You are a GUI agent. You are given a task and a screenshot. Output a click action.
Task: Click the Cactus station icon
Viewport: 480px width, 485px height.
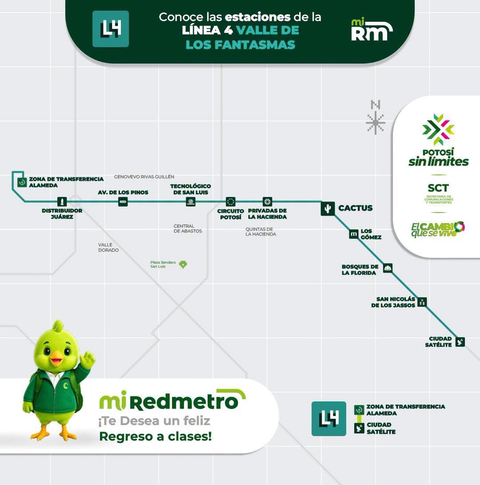tap(328, 208)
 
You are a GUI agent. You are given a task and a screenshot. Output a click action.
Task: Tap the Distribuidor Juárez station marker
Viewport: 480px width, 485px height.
tap(62, 202)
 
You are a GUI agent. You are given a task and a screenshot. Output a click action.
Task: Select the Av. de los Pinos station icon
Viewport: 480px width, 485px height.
tap(123, 202)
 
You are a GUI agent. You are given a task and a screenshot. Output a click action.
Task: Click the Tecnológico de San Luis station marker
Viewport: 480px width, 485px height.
tap(191, 202)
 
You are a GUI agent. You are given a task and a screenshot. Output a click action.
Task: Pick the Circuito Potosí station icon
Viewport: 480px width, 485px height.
tap(230, 202)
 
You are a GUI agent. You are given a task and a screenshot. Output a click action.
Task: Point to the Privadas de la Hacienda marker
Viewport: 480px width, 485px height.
tap(267, 202)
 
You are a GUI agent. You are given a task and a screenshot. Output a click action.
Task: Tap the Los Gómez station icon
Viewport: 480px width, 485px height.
tap(353, 234)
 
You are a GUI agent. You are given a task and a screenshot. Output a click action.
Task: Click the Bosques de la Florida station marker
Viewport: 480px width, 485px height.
tap(388, 268)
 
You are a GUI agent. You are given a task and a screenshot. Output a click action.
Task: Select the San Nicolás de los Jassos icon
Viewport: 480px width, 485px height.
tap(422, 302)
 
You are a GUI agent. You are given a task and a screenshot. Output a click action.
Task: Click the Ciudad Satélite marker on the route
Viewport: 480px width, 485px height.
tap(460, 342)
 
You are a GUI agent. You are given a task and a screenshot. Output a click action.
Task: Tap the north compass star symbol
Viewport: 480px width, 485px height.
tap(375, 123)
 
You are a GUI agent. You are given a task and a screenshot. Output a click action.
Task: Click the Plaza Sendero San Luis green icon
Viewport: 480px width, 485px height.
tap(183, 264)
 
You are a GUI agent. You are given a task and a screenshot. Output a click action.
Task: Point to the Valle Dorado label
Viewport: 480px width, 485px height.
tap(108, 248)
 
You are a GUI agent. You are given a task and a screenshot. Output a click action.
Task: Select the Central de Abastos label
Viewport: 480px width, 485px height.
tap(188, 228)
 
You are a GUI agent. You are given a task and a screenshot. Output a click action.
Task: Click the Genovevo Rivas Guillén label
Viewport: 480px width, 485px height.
tap(144, 176)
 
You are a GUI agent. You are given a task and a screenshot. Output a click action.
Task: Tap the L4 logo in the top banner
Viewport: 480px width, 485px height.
tap(110, 29)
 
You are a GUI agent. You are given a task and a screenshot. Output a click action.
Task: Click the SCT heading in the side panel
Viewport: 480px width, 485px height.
tap(438, 188)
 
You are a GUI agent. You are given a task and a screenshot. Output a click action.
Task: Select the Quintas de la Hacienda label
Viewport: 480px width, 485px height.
tap(261, 232)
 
